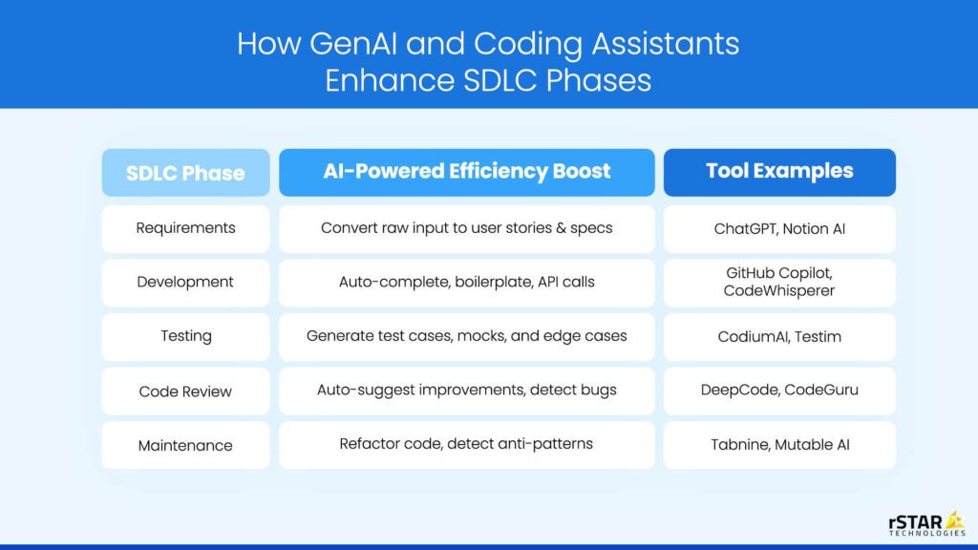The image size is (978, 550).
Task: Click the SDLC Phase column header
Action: (186, 173)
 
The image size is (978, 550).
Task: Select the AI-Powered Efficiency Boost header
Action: (466, 173)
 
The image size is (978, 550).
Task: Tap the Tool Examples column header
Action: (779, 173)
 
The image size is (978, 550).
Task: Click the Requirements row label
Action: (186, 229)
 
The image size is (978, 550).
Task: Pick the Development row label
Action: (186, 283)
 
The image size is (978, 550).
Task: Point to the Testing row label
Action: (186, 337)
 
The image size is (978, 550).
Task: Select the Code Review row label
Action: (186, 391)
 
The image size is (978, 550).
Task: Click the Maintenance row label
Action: (186, 445)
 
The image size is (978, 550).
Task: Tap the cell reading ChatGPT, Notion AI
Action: (779, 229)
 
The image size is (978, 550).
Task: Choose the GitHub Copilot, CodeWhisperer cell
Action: (779, 283)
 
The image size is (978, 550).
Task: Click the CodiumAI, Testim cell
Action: (779, 337)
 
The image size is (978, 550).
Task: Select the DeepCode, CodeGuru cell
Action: (779, 391)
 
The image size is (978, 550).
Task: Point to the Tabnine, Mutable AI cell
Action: (779, 445)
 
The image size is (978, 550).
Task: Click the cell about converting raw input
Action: (466, 229)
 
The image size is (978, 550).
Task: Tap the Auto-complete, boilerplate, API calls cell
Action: (466, 283)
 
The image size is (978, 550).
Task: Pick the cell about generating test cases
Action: (466, 337)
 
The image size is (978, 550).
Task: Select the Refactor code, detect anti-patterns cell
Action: (466, 445)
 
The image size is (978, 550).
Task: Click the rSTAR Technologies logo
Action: (927, 524)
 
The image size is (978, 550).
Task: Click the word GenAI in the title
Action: (353, 44)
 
